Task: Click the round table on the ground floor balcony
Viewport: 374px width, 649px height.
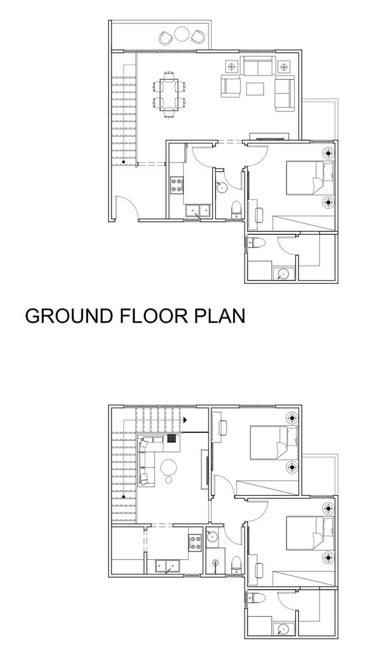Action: point(182,34)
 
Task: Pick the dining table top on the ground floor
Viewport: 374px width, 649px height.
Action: point(169,95)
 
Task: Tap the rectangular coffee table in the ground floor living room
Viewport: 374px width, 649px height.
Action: point(255,89)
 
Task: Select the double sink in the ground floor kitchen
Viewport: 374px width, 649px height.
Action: point(198,210)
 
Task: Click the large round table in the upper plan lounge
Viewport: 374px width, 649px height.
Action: point(169,467)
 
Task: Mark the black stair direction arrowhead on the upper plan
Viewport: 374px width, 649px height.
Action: point(185,420)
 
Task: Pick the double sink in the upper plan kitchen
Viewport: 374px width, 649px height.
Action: point(167,566)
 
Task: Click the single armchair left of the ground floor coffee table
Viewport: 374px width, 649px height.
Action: point(230,86)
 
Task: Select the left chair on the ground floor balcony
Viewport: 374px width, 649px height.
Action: point(166,38)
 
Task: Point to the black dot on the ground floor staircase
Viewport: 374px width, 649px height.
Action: point(124,162)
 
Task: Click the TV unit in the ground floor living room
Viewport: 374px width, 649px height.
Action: point(269,137)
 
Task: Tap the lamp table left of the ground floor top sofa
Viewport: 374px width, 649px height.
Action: point(231,67)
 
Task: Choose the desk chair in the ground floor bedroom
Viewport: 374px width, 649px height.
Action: point(259,215)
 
